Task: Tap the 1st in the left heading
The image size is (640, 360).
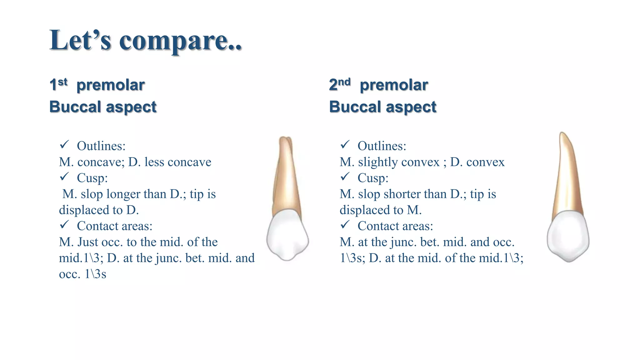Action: [x=58, y=84]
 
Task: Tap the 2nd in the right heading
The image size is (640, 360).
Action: [x=340, y=84]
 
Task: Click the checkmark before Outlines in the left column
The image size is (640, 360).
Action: [x=64, y=145]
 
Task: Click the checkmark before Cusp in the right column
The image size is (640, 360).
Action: [x=345, y=177]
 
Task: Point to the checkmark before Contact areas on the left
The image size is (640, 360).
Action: [x=64, y=224]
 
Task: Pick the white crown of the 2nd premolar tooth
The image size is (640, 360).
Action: [x=568, y=236]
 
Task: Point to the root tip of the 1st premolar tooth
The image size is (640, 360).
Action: [x=285, y=138]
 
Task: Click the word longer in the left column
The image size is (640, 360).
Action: [x=121, y=194]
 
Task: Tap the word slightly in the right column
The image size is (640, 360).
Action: [x=378, y=162]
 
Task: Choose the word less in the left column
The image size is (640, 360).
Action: [x=154, y=162]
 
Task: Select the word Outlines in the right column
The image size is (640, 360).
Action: [x=382, y=146]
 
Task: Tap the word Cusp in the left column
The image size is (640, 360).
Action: [x=92, y=178]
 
